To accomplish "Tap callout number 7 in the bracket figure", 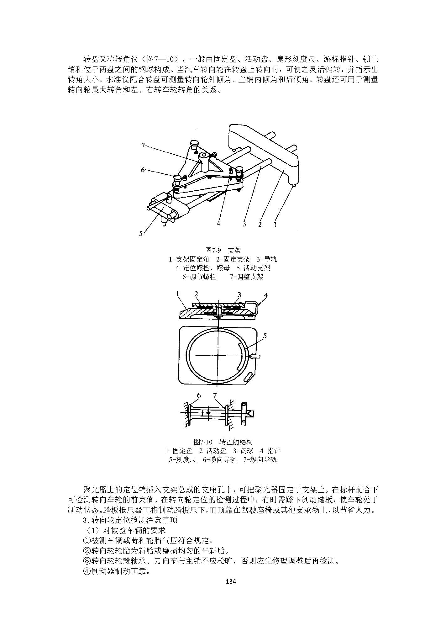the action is click(144, 145).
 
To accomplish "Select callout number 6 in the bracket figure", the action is click(143, 170).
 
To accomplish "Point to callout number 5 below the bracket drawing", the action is click(141, 233).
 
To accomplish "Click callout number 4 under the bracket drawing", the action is click(218, 224).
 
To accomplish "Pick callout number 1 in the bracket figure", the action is click(275, 224).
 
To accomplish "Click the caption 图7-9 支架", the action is click(223, 250).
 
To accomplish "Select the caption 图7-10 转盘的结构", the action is click(223, 442).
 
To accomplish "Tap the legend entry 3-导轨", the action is click(266, 259).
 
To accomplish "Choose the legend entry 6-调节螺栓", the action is click(199, 277).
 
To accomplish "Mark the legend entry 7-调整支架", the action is click(246, 277).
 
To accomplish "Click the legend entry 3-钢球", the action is click(243, 451).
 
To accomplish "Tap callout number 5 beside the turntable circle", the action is click(265, 336).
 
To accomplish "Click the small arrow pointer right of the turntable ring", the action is click(255, 356).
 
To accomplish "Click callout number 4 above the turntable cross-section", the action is click(266, 295).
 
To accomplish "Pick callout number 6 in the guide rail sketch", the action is click(199, 395).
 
